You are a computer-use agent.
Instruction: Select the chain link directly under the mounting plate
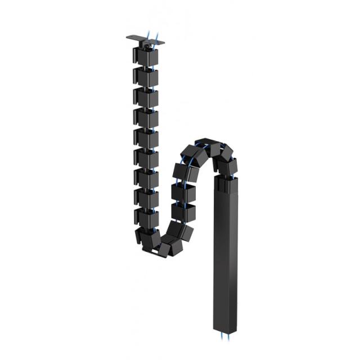click(146, 56)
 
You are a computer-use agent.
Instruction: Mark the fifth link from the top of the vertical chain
click(146, 137)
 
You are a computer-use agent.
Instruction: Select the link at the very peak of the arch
click(207, 145)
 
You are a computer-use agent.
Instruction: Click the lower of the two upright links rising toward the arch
click(182, 212)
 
